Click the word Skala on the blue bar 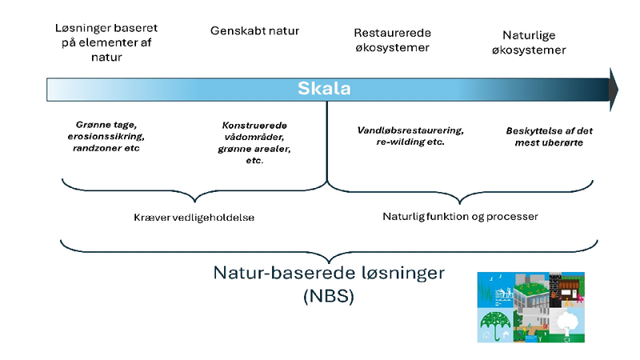click(x=325, y=89)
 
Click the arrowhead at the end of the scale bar click(x=614, y=88)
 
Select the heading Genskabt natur click(x=254, y=31)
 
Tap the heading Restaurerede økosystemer click(x=392, y=40)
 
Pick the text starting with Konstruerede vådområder click(x=254, y=142)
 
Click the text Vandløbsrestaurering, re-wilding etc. click(x=410, y=136)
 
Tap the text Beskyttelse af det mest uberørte click(x=548, y=136)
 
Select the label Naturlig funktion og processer click(x=460, y=216)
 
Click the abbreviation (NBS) click(x=327, y=297)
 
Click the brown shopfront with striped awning click(x=570, y=289)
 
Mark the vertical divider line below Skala click(x=327, y=144)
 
